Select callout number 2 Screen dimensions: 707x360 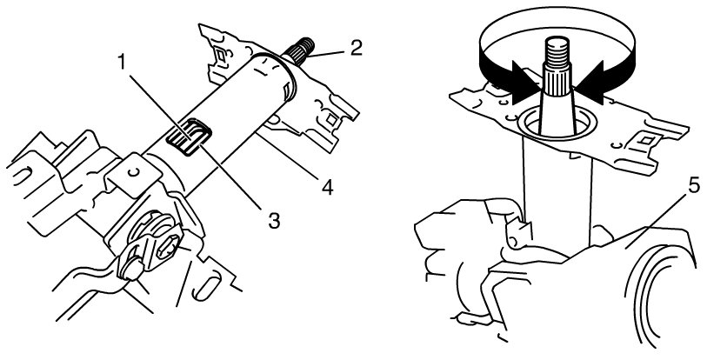point(356,49)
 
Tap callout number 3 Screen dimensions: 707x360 point(274,221)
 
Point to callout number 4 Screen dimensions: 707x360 point(327,188)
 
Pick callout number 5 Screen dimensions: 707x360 point(693,186)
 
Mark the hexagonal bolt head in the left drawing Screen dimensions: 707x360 point(170,247)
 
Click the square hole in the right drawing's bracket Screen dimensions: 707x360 point(645,141)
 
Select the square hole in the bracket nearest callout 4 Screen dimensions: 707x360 point(332,119)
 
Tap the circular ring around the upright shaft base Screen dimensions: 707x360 point(558,125)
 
